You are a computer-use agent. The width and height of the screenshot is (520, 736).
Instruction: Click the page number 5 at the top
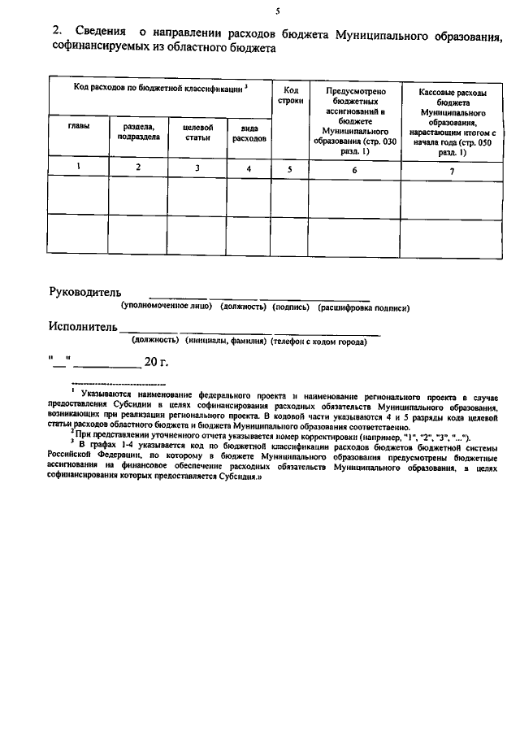pyautogui.click(x=278, y=11)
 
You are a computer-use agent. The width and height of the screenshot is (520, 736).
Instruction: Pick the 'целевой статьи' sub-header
pyautogui.click(x=197, y=132)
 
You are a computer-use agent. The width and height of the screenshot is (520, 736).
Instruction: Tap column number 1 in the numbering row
pyautogui.click(x=78, y=166)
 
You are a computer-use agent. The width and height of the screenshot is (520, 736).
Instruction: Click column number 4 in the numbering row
pyautogui.click(x=249, y=168)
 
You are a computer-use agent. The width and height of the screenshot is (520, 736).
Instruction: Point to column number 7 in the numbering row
pyautogui.click(x=452, y=170)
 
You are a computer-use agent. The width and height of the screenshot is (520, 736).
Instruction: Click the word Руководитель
pyautogui.click(x=85, y=292)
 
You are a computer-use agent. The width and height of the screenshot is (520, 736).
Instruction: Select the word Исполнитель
pyautogui.click(x=84, y=327)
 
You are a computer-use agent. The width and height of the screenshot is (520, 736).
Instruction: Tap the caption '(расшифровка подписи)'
pyautogui.click(x=363, y=307)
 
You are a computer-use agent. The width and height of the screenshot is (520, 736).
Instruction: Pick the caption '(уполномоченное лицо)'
pyautogui.click(x=167, y=307)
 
